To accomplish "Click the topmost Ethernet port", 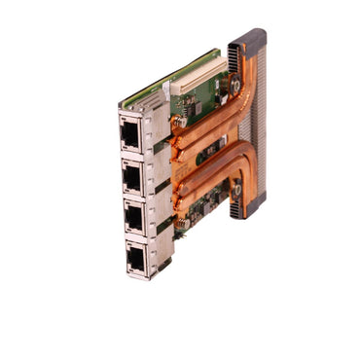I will click(x=129, y=131).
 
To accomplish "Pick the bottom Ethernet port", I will click(x=136, y=256).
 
